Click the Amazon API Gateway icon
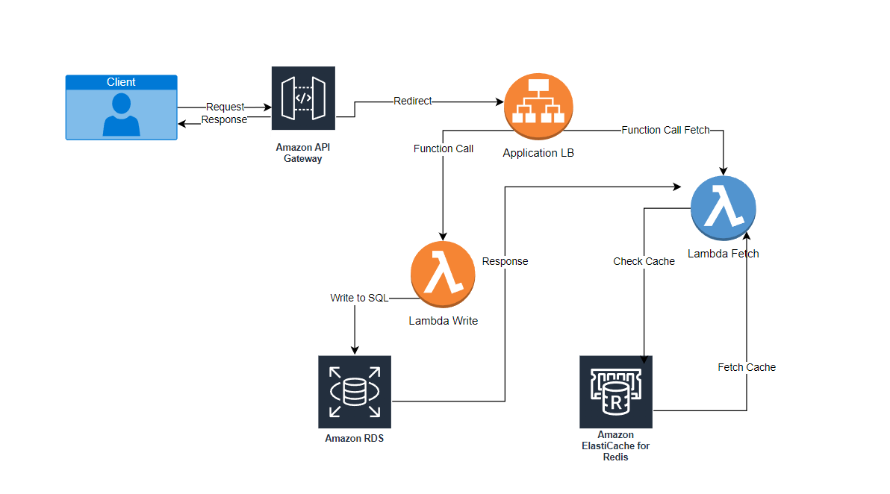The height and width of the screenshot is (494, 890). click(303, 99)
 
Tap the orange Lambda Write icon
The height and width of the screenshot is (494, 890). click(443, 275)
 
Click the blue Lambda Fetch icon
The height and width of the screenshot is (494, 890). click(723, 207)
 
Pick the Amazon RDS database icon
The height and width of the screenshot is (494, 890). click(355, 391)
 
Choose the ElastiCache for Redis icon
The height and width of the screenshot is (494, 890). click(616, 391)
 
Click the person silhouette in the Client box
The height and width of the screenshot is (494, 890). click(121, 115)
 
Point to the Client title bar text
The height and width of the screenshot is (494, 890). click(121, 82)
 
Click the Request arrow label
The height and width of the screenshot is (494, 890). click(225, 107)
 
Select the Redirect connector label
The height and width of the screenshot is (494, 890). click(412, 101)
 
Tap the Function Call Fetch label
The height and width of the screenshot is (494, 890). click(665, 130)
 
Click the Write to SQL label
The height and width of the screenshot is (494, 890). click(359, 298)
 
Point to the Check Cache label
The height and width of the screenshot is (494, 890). click(644, 261)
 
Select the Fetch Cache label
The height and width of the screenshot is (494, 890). click(747, 367)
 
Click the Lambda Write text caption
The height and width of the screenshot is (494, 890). click(443, 321)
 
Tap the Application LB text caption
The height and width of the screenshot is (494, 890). click(538, 153)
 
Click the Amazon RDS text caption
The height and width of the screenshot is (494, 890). click(355, 438)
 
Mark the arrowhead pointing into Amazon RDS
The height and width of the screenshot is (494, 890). click(355, 350)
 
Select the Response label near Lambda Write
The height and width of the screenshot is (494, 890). click(505, 261)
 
